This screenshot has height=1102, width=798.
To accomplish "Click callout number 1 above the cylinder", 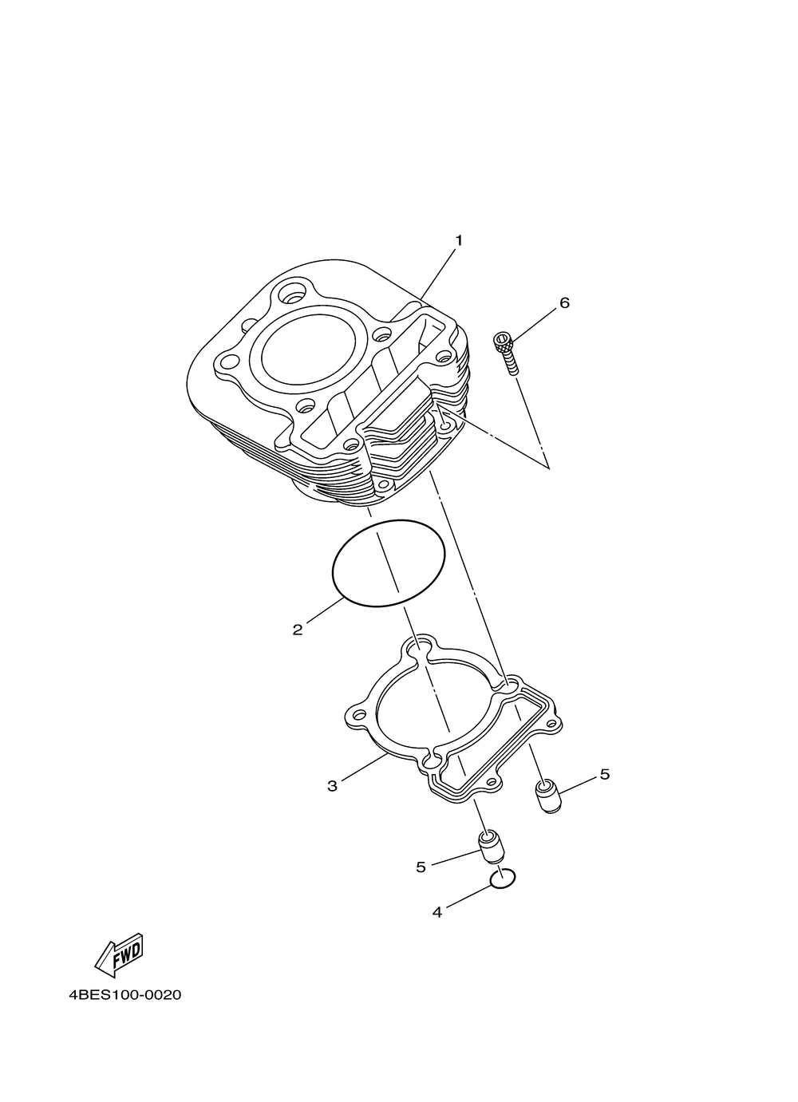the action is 459,239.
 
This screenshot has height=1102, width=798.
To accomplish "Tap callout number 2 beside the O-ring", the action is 298,630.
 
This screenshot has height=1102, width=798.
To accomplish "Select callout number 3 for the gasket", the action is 332,786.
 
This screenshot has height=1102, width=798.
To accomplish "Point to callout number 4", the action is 437,911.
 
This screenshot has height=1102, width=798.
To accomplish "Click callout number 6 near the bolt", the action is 564,303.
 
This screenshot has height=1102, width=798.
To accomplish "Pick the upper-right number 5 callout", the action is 604,774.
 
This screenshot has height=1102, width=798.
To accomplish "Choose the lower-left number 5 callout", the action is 421,867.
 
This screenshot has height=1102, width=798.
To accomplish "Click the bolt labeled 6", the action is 506,352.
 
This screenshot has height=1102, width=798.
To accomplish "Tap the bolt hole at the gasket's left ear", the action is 358,713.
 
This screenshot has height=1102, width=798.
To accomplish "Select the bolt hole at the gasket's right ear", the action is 551,724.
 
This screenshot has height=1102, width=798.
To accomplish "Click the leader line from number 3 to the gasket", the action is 365,768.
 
